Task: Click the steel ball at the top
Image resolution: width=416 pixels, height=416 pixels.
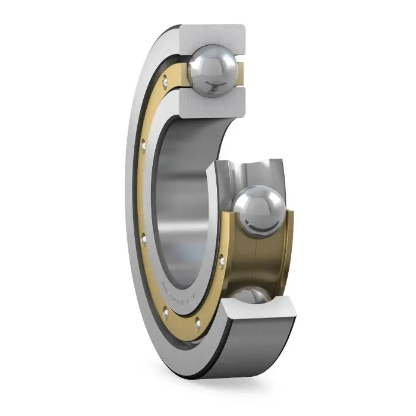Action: tap(212, 70)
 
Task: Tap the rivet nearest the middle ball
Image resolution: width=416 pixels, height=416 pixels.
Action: tap(222, 259)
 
